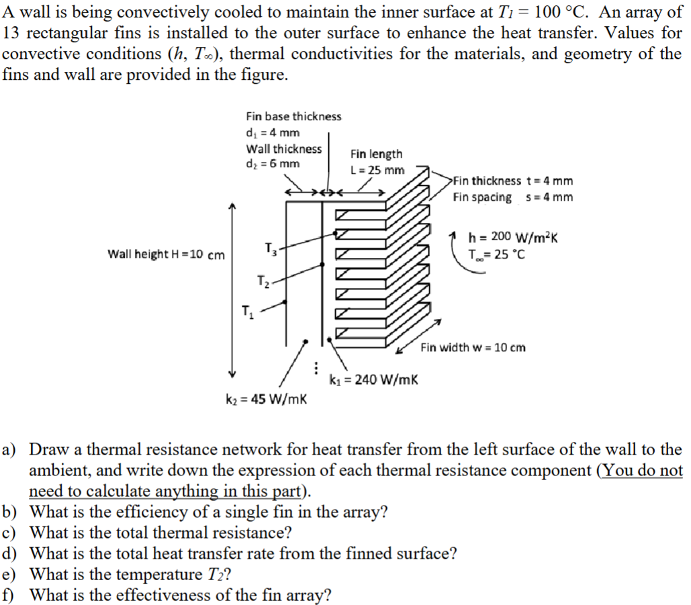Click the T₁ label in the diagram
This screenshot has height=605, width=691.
click(247, 311)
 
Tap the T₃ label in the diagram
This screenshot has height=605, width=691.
click(271, 250)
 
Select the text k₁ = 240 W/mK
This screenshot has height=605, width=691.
click(374, 379)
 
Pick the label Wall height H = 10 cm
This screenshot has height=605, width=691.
click(166, 254)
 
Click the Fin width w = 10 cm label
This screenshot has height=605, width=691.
click(473, 347)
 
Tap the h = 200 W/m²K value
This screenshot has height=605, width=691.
click(514, 237)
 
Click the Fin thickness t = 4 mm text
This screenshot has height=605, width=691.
click(513, 181)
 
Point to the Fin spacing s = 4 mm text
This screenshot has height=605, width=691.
click(513, 197)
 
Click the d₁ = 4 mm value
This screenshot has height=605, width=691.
click(273, 133)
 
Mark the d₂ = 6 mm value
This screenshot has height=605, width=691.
click(273, 164)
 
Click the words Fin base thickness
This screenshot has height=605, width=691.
click(293, 117)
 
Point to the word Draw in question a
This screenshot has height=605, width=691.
click(47, 450)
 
